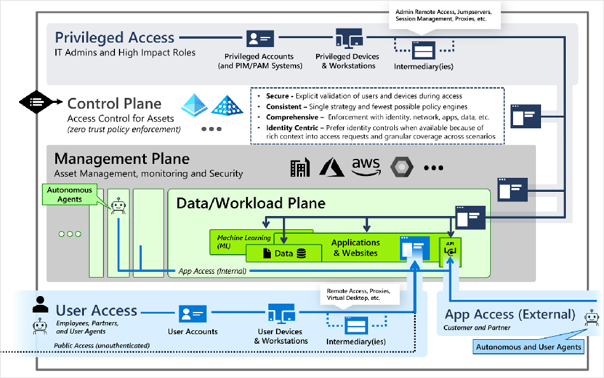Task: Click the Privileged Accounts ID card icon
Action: point(261,39)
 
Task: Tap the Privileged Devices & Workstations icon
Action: point(350,38)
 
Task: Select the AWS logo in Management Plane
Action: point(366,166)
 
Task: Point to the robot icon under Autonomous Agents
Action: point(118,206)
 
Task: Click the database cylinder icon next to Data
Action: point(301,253)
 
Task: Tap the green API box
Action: point(450,252)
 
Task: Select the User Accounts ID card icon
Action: point(193,314)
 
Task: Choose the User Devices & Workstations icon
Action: point(282,313)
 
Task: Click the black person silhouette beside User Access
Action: point(41,304)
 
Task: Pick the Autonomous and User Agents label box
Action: point(528,347)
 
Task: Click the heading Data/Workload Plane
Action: point(251,203)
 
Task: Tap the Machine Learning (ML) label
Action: point(244,242)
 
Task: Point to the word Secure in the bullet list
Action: point(277,96)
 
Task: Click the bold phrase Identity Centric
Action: point(292,128)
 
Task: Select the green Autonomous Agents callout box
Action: point(69,194)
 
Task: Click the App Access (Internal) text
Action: point(212,271)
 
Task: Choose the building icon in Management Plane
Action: point(300,168)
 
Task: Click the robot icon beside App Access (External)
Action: point(592,318)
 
